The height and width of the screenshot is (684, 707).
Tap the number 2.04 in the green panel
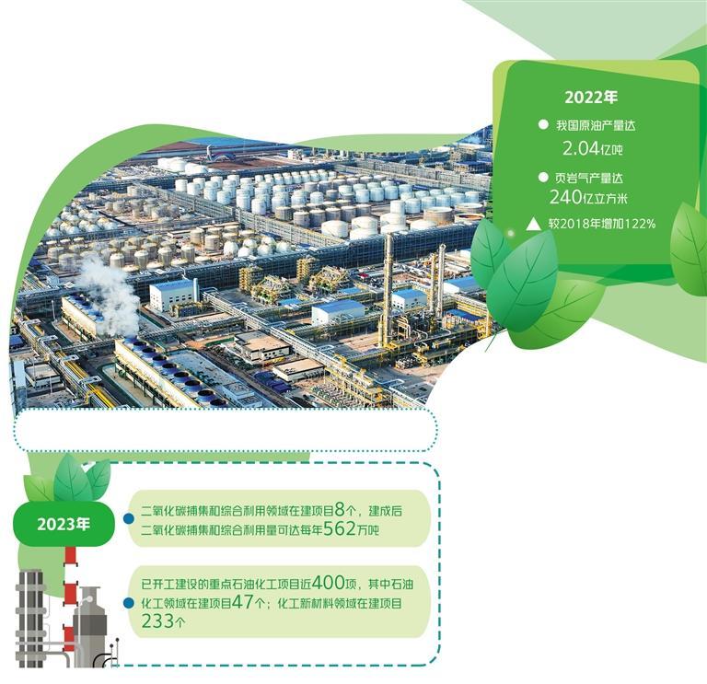coord(581,146)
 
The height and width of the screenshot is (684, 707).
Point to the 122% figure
coord(636,222)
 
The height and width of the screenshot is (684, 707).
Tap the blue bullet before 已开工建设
coord(129,603)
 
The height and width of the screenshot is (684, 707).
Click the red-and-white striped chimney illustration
coord(70,589)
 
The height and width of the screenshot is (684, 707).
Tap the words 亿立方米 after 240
coord(626,198)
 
